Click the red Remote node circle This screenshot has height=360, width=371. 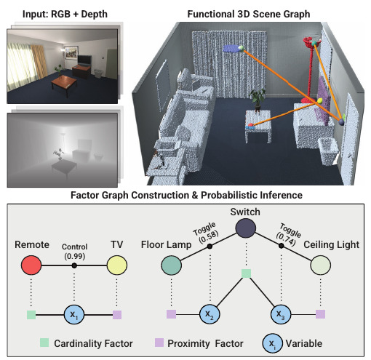[x=31, y=265]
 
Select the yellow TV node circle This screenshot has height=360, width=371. [x=117, y=265]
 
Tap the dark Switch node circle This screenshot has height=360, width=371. [x=246, y=228]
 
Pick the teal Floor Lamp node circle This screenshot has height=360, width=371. [x=171, y=265]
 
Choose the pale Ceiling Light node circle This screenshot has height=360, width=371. [x=320, y=265]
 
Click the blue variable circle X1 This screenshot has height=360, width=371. [x=74, y=315]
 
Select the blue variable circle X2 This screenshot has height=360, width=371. [x=210, y=314]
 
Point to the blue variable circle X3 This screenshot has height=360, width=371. [x=281, y=314]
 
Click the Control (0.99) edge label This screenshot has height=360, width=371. [x=74, y=252]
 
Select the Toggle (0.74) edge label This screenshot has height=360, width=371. [x=288, y=234]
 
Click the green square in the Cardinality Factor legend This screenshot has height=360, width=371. [x=44, y=343]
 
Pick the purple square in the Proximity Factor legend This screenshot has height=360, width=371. [x=159, y=343]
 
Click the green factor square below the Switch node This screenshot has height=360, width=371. [x=246, y=273]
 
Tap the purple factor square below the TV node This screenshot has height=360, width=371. [x=117, y=315]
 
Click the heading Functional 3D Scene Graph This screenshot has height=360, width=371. [x=249, y=14]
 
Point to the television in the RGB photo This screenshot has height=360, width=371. [x=84, y=60]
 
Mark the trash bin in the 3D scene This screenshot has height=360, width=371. [x=329, y=151]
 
